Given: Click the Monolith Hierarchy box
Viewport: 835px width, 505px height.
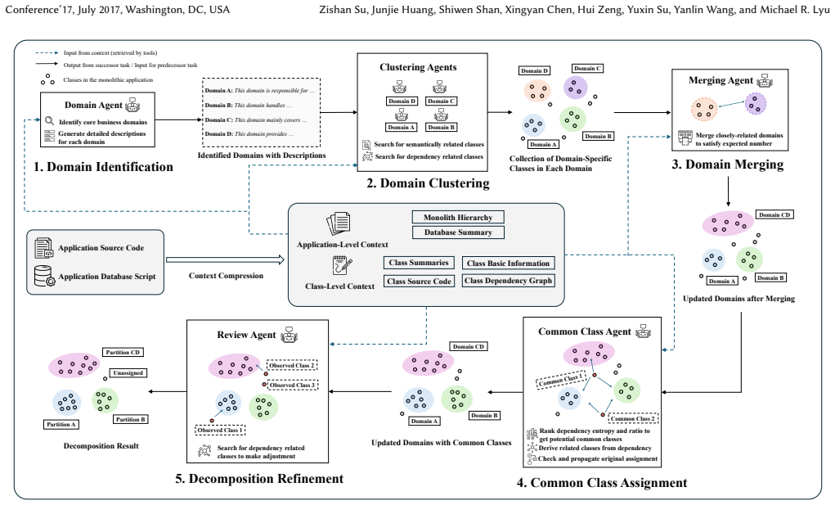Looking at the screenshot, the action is click(x=458, y=218).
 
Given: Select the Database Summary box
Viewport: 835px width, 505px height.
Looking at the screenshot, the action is click(x=458, y=232).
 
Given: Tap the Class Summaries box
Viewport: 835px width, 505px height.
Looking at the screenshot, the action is click(x=419, y=263).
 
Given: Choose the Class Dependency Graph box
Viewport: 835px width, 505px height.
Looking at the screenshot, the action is click(x=508, y=281).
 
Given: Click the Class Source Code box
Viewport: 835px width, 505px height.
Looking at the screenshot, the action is click(x=419, y=282).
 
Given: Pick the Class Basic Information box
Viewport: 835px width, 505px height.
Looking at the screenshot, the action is click(x=508, y=264).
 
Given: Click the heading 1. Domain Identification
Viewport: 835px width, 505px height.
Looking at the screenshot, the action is click(x=103, y=167).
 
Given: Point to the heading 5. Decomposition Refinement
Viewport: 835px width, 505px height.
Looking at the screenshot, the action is click(x=259, y=478).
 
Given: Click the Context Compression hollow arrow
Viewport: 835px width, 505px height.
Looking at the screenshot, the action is click(x=225, y=260).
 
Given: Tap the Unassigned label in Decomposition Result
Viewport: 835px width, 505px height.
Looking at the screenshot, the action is click(x=128, y=373).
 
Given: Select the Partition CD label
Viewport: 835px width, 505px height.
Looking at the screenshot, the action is click(x=123, y=352).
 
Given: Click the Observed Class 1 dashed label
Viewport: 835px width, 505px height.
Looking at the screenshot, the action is click(x=220, y=430).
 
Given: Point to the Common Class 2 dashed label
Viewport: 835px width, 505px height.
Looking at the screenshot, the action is click(x=633, y=419).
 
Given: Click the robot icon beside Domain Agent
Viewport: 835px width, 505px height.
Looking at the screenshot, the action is click(x=132, y=105).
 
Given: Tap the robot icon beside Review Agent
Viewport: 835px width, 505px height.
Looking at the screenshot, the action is click(x=290, y=334).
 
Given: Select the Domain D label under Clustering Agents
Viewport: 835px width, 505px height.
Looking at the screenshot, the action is click(x=402, y=101).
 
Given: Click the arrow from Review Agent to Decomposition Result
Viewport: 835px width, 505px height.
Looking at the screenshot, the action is click(x=167, y=391).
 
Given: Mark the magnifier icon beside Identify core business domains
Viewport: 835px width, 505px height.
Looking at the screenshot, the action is click(x=50, y=121).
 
